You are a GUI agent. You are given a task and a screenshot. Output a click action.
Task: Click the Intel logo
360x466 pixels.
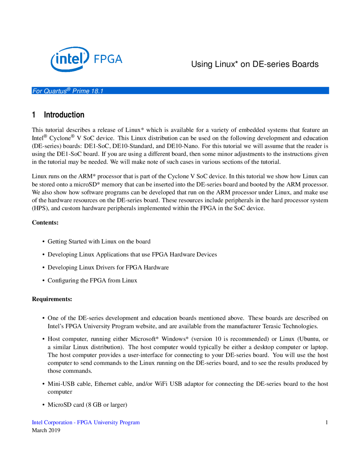70,59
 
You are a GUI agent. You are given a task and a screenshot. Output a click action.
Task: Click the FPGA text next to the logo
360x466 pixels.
108,59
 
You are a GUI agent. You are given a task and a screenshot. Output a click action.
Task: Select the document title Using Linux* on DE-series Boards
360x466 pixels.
255,64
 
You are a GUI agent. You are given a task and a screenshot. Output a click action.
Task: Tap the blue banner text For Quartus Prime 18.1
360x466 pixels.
68,91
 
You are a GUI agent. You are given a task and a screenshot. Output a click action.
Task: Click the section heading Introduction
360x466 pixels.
64,115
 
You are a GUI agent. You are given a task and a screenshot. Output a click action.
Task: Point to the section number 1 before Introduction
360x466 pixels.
34,115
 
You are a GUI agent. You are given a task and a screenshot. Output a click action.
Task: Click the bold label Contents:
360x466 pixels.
45,223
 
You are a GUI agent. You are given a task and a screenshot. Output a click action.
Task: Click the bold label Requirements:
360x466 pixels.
52,299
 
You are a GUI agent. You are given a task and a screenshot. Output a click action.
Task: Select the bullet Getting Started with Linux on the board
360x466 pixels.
99,241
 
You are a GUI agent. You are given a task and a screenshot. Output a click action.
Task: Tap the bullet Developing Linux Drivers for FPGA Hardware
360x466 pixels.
108,267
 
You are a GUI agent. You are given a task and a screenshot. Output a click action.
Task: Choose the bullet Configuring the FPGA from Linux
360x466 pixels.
92,280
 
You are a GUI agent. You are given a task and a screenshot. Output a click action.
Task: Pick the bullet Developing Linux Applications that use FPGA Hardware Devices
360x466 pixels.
132,254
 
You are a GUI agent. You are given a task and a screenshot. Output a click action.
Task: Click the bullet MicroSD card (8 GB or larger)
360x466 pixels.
87,405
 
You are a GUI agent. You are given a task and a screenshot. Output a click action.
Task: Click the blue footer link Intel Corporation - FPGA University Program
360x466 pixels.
86,422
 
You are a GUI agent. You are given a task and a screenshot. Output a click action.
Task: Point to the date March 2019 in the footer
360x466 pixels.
46,430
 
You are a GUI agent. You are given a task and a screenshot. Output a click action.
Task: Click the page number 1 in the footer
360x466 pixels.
327,422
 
